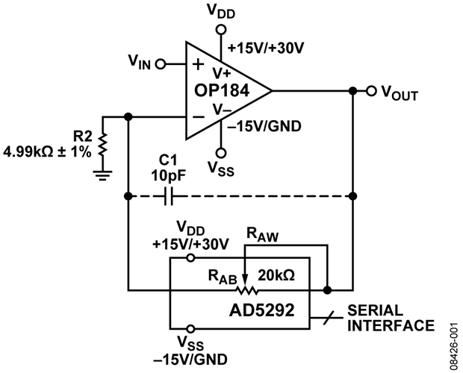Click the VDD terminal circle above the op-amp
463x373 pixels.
coord(220,30)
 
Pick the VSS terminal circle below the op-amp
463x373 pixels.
coord(220,148)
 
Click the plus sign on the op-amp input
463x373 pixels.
coord(198,64)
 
